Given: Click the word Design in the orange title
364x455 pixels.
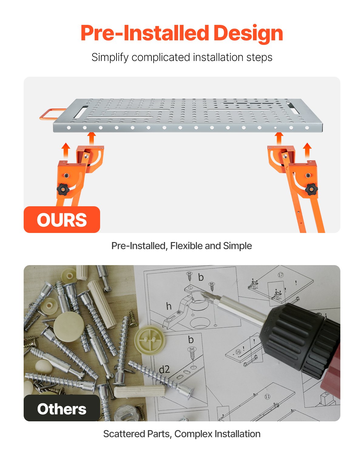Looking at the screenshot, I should [248, 33].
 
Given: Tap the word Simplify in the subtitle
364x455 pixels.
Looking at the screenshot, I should [110, 57].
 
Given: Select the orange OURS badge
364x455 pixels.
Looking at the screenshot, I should [62, 220].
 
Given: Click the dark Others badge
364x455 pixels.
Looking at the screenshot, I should [62, 408].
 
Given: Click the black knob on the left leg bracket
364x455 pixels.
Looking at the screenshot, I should [63, 190].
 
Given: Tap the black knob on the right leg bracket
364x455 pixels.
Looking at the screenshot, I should [311, 190].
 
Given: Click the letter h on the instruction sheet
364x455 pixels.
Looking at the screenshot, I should [169, 306].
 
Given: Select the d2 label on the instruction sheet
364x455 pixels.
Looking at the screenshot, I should [164, 369].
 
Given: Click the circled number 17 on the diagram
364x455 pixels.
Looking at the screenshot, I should [281, 275].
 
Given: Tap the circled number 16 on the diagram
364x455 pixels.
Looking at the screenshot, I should [238, 352].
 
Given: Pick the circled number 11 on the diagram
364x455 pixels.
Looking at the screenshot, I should [267, 396].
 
